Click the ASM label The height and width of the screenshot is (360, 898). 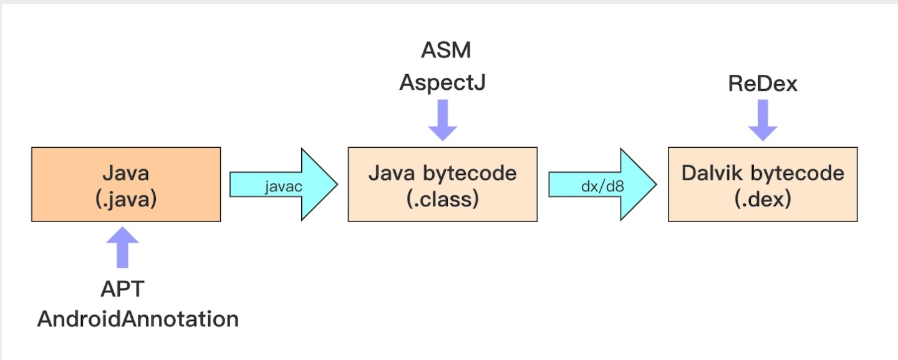(446, 50)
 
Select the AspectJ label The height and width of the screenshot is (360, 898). (443, 82)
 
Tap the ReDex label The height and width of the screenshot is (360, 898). (763, 84)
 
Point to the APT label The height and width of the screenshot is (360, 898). (122, 289)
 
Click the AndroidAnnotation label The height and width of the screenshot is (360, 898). (138, 319)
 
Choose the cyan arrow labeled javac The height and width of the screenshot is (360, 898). (283, 185)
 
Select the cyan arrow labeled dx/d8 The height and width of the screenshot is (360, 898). (602, 185)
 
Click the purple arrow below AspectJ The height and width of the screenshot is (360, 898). (443, 120)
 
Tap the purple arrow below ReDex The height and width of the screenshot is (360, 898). (763, 120)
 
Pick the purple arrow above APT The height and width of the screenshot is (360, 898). (122, 247)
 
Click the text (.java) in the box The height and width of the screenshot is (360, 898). (126, 199)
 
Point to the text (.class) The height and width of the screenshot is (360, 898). (443, 199)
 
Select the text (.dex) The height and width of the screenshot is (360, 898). (763, 199)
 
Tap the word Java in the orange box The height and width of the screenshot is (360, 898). (126, 173)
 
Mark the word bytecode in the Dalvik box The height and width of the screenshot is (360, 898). (798, 174)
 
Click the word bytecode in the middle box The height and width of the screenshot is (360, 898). (470, 174)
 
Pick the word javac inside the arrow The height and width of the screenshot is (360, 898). (283, 187)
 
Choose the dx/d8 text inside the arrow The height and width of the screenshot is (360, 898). (602, 187)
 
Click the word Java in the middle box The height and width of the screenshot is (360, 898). (392, 173)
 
